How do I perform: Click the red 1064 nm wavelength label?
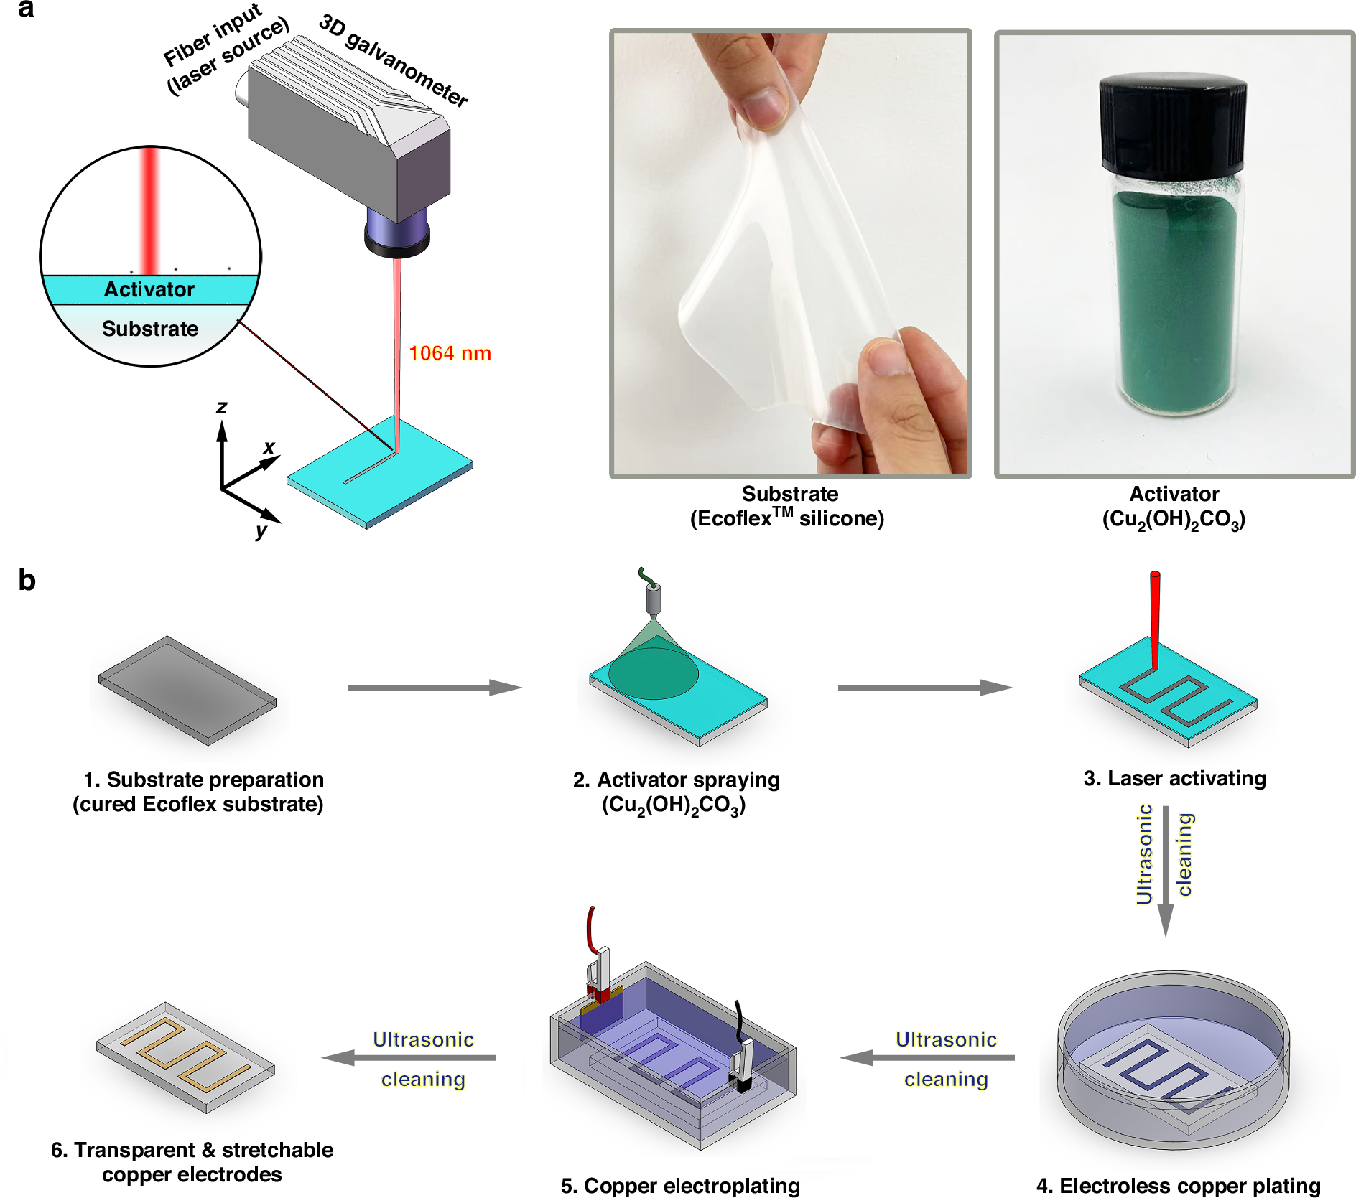tap(450, 353)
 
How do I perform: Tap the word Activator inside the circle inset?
tap(149, 289)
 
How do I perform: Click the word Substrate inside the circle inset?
tap(149, 329)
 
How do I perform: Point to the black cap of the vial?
tap(1173, 122)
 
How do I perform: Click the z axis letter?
tap(221, 407)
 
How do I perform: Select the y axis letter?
tap(261, 530)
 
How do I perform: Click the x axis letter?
tap(269, 446)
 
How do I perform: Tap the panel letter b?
tap(27, 580)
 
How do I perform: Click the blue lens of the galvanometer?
tap(396, 228)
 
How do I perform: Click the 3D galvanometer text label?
tap(393, 60)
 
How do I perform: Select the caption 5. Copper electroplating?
tap(680, 1186)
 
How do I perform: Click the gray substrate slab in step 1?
tap(187, 690)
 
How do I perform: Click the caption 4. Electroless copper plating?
tap(1178, 1186)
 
